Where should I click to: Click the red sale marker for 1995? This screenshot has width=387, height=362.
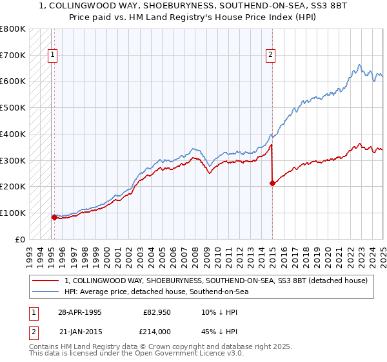point(54,217)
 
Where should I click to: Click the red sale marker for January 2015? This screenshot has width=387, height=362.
point(272,183)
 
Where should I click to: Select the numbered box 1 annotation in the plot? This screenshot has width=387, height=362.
point(52,56)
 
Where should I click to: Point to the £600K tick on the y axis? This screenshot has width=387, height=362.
point(13,81)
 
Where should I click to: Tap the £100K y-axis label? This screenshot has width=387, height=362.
point(13,213)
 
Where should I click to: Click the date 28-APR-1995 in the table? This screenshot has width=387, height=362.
point(79,312)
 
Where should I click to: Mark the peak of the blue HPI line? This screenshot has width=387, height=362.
point(359,65)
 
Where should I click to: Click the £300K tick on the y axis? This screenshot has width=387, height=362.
point(13,160)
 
